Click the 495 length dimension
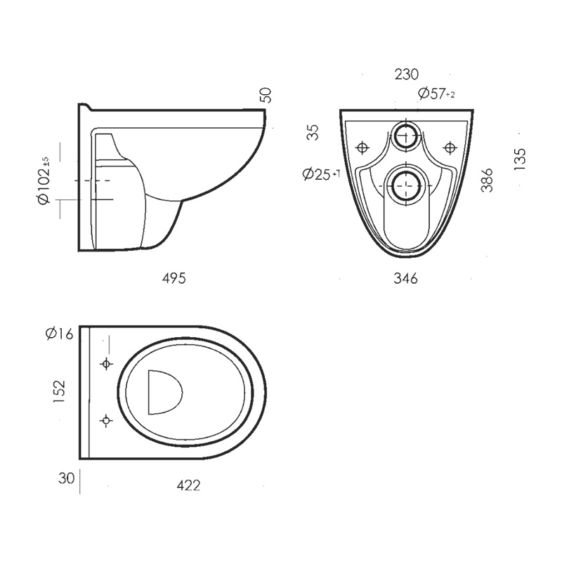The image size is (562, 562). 174,278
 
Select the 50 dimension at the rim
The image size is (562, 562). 266,96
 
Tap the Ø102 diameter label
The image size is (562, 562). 46,181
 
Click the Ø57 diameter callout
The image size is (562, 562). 436,93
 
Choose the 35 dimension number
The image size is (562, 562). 313,132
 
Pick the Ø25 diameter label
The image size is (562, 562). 321,174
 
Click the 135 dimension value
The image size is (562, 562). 520,159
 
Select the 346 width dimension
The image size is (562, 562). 405,279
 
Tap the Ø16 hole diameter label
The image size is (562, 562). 59,334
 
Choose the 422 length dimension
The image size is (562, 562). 188,485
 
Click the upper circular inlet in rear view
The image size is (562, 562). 405,136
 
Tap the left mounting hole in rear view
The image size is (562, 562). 362,148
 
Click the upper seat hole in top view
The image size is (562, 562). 107,364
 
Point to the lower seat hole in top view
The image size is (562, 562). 107,420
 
